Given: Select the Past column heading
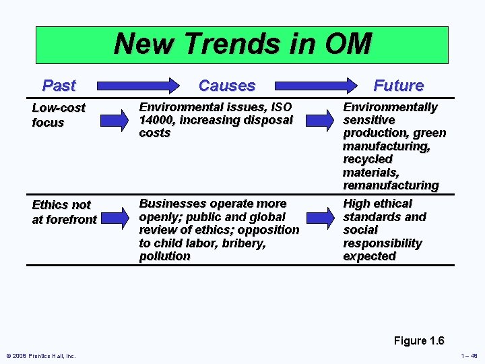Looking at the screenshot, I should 59,86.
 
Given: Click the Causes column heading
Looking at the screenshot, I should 227,86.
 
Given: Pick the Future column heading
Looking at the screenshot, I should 398,86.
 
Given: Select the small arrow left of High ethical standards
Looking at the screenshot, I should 323,216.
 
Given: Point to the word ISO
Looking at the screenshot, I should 280,107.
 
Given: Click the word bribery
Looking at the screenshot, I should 241,243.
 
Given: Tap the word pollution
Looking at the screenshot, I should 164,256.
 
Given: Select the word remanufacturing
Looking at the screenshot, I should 391,185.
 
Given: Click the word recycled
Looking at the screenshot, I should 368,159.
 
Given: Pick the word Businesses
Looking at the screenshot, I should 172,204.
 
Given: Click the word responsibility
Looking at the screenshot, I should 382,243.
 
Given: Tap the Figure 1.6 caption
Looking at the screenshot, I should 418,340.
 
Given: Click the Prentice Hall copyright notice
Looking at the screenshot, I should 41,356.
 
